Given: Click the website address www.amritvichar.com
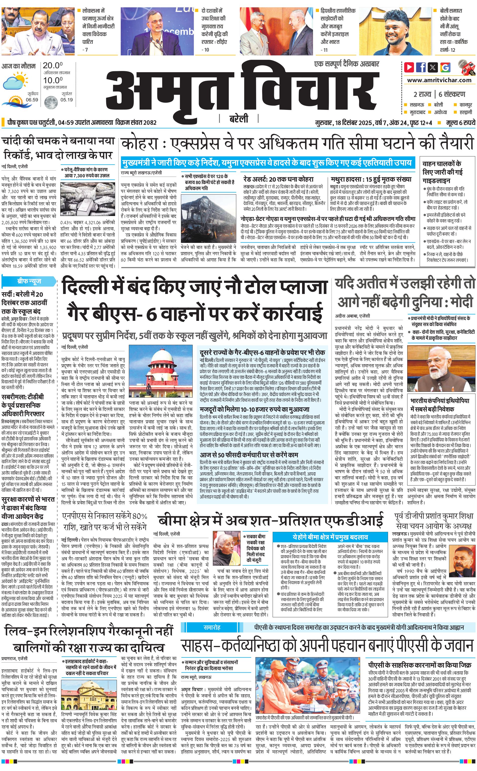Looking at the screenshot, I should pyautogui.click(x=439, y=80).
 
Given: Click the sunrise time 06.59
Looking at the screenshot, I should pyautogui.click(x=32, y=100).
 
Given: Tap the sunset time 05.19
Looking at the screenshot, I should pyautogui.click(x=67, y=100).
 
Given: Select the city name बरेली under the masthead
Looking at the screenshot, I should pyautogui.click(x=239, y=119).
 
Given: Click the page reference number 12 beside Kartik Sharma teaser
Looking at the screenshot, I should pyautogui.click(x=453, y=50).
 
